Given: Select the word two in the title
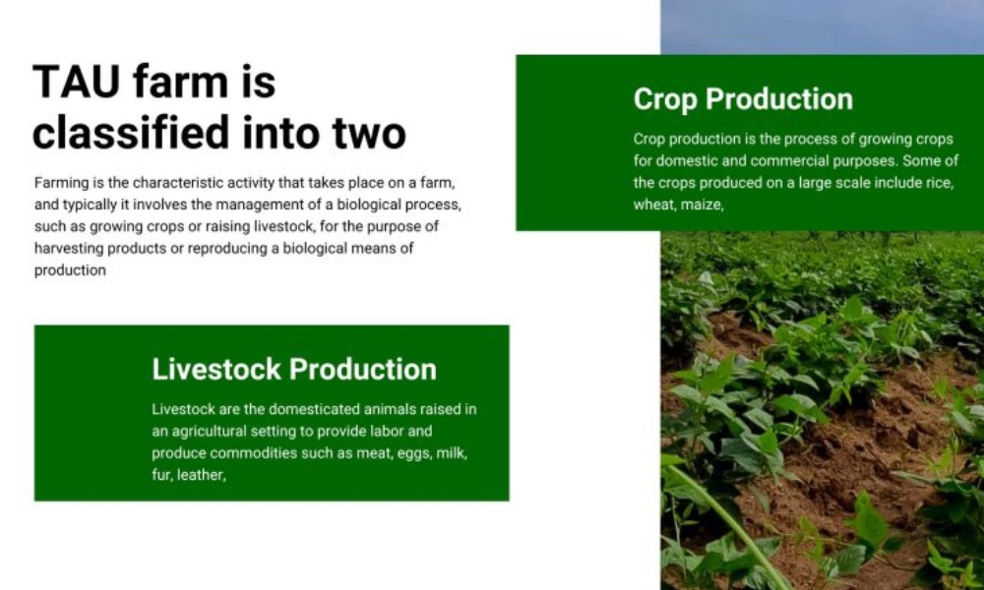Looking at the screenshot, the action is [369, 134].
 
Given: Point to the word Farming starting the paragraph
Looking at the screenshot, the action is [61, 184].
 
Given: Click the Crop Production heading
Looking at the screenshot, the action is [743, 99].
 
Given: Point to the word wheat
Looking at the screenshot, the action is [652, 206].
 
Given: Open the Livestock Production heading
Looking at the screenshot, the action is [294, 370].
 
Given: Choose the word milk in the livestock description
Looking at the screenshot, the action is [452, 453].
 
